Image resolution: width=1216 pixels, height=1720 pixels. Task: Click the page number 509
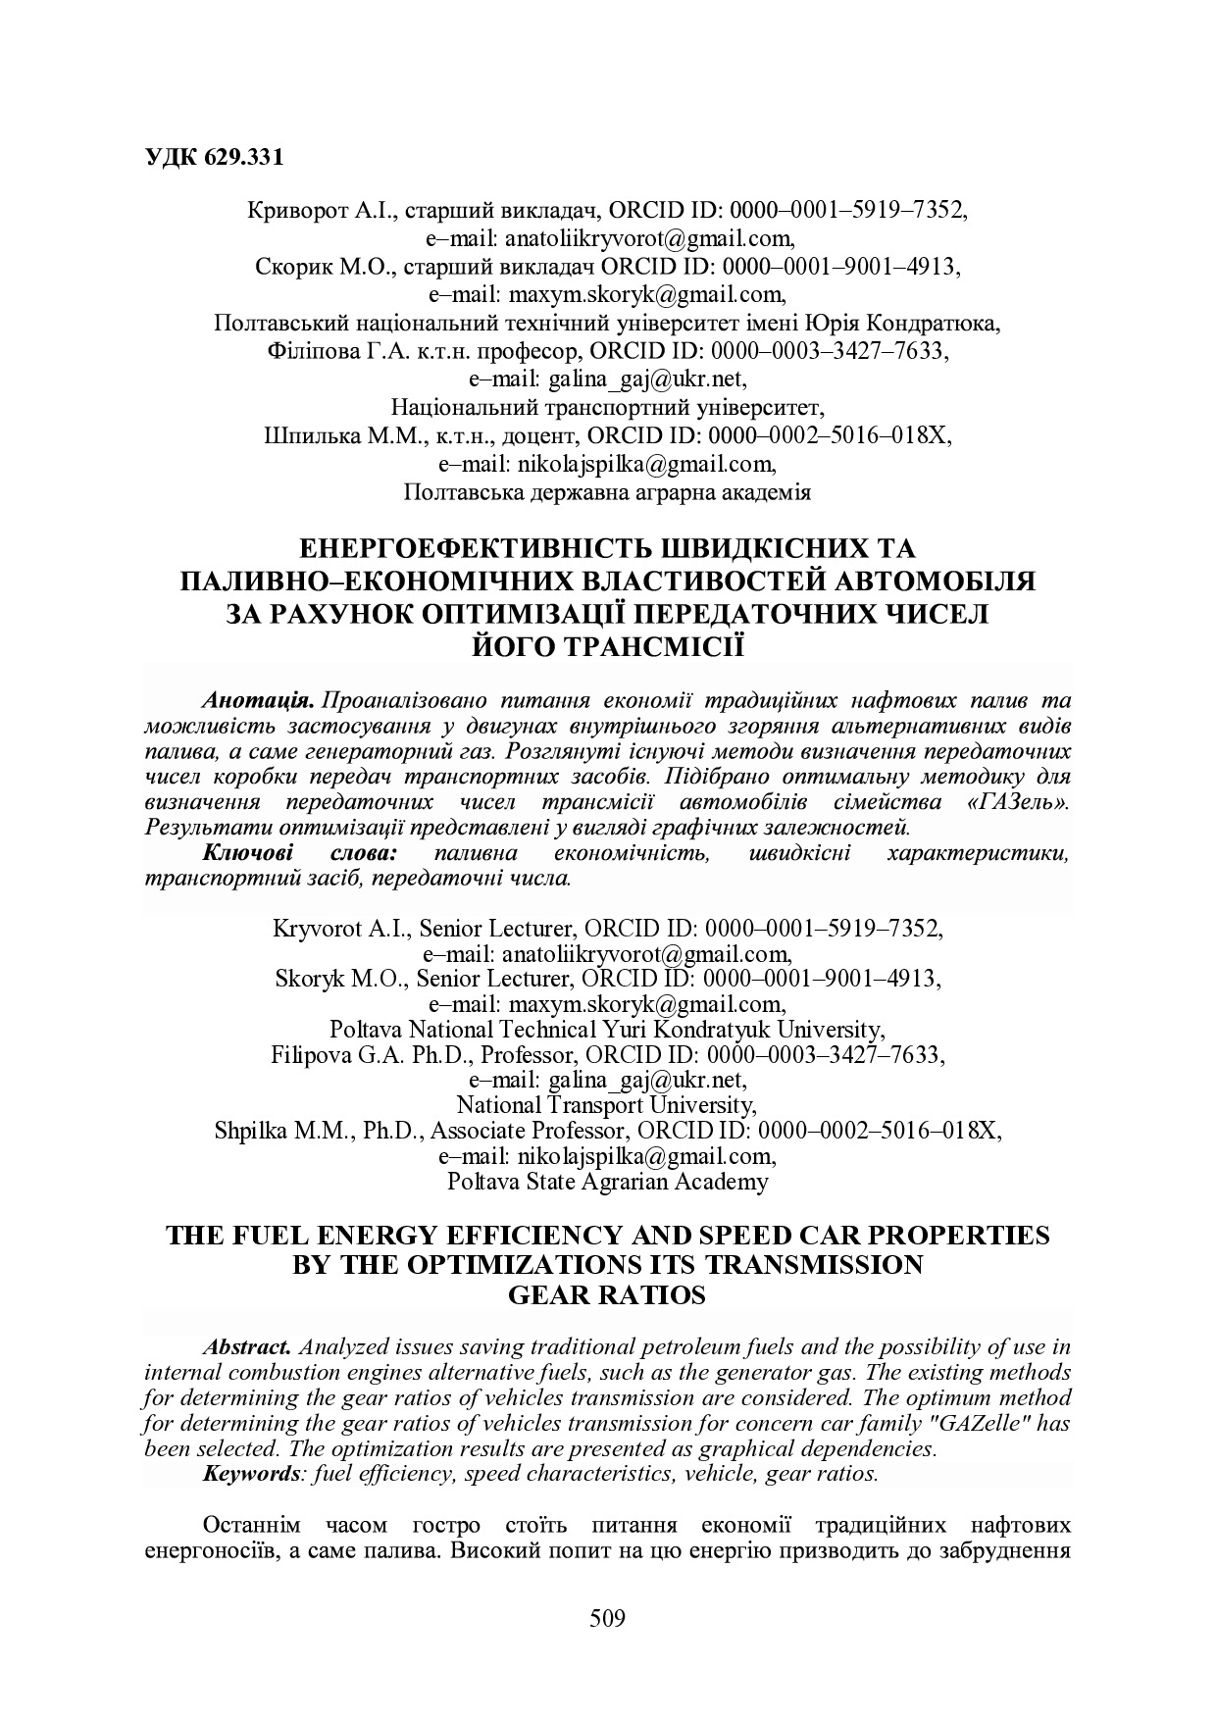tap(607, 1617)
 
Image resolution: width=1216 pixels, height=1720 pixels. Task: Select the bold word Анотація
tap(257, 701)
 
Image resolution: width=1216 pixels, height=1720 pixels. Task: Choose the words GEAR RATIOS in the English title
tap(607, 1295)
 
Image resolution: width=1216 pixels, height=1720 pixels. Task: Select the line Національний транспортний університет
tap(607, 407)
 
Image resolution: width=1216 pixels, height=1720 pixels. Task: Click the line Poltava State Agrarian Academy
tap(607, 1182)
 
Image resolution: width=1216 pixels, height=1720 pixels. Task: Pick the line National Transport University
tap(607, 1105)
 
